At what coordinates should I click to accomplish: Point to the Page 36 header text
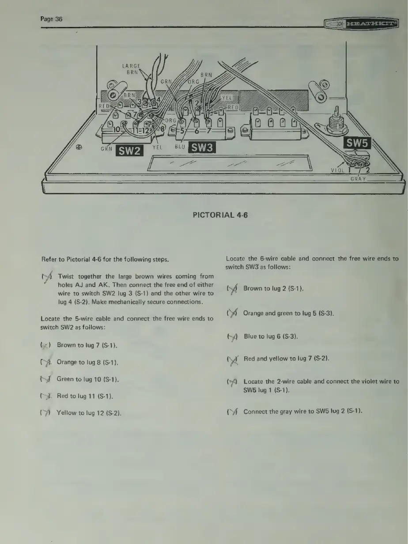pyautogui.click(x=52, y=19)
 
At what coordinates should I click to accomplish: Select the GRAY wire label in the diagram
pyautogui.click(x=359, y=179)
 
